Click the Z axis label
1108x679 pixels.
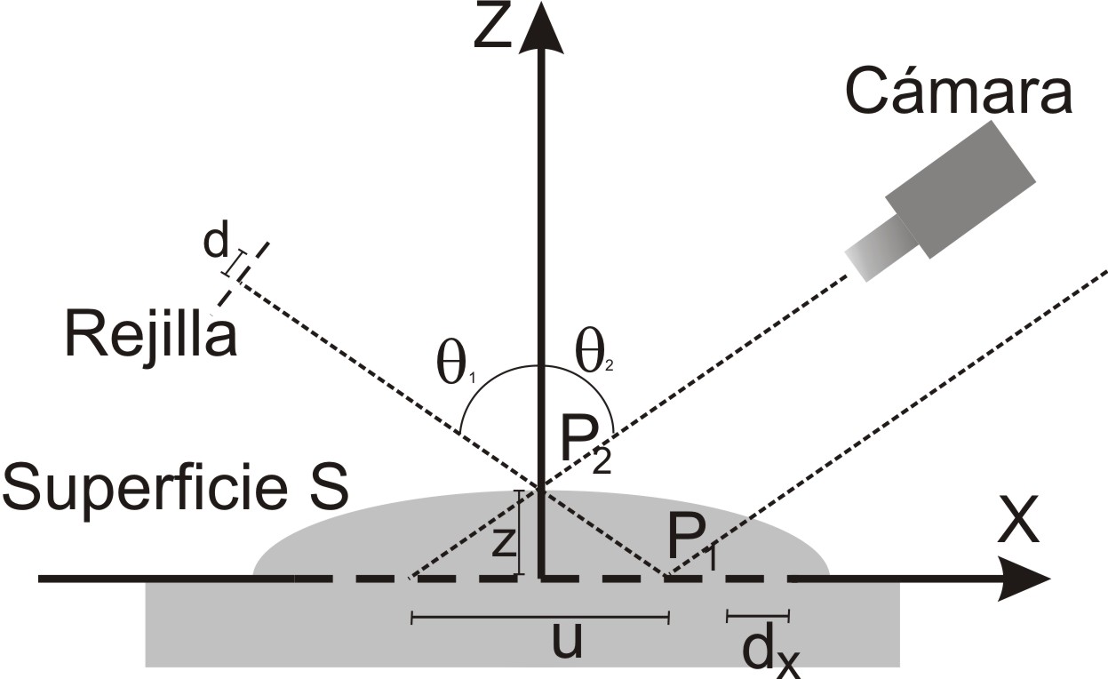click(492, 26)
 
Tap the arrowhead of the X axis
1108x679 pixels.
click(1024, 579)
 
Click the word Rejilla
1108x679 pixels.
click(151, 334)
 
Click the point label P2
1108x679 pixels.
click(586, 449)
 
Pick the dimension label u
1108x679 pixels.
click(567, 641)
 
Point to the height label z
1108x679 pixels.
click(504, 541)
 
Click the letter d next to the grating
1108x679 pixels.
click(216, 244)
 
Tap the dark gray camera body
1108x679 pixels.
click(961, 189)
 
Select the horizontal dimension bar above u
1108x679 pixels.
click(540, 618)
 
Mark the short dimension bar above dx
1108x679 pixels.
click(758, 616)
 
